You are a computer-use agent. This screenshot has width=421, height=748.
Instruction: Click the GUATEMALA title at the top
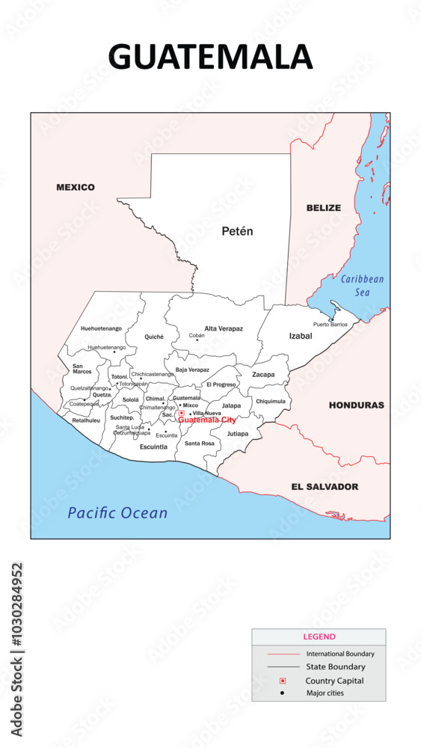pos(210,57)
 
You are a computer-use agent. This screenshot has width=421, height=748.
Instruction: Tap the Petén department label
pos(237,231)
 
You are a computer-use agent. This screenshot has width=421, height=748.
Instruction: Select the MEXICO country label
pos(76,187)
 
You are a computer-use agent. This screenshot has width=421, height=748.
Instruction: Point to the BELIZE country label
pos(323,208)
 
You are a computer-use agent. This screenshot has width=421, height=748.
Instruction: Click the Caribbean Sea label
pos(362,286)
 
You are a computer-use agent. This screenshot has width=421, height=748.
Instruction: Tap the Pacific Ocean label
pos(117,513)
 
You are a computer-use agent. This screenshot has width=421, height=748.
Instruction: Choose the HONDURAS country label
pos(356,405)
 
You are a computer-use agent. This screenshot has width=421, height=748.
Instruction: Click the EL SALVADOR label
pos(325,487)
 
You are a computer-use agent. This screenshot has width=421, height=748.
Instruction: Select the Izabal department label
pos(300,336)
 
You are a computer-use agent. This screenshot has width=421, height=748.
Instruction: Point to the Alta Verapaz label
pos(224,328)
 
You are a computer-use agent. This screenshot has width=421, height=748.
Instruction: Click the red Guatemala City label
pos(207,420)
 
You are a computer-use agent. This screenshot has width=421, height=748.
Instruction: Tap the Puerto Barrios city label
pos(331,325)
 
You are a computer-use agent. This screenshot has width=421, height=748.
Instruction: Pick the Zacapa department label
pos(263,375)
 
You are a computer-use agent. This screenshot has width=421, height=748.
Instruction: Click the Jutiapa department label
pos(238,434)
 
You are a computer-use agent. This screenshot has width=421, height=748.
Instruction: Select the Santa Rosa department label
pos(200,444)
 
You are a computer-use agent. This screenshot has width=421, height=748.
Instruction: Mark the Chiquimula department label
pos(271,401)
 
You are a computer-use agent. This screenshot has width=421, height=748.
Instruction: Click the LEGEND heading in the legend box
pos(319,637)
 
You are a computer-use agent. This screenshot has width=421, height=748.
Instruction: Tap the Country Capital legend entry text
pos(334,681)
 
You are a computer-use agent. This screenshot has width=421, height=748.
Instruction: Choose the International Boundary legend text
pos(340,654)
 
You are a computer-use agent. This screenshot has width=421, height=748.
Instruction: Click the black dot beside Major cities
pos(283,693)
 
